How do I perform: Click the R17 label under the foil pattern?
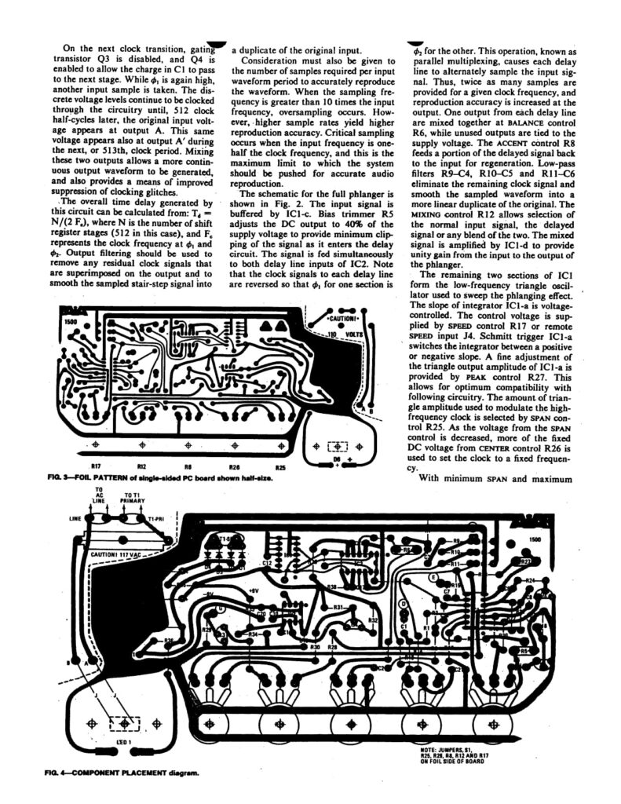[x=96, y=467]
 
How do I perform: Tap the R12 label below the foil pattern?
[x=141, y=467]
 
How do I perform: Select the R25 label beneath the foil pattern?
[x=281, y=467]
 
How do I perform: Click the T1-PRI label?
[x=159, y=520]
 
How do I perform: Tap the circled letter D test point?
[x=404, y=603]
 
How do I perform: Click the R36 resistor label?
[x=169, y=641]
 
